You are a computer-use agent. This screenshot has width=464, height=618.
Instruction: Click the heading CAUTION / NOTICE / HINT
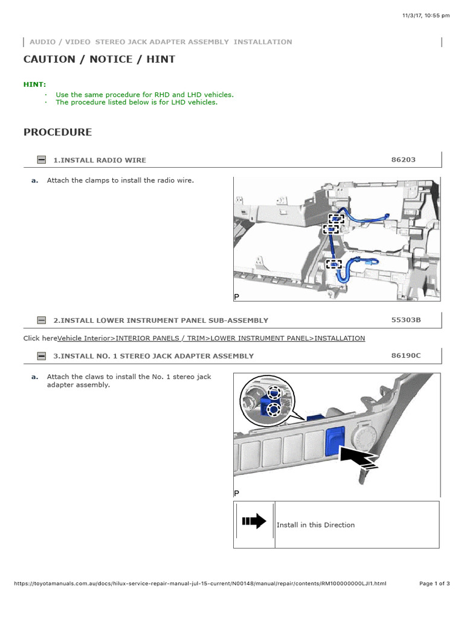click(99, 59)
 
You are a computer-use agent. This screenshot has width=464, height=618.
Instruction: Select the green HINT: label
click(34, 84)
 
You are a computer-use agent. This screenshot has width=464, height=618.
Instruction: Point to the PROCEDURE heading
click(58, 132)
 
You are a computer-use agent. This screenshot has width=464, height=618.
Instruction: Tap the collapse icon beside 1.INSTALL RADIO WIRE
click(41, 160)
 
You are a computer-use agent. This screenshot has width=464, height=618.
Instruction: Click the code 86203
click(404, 160)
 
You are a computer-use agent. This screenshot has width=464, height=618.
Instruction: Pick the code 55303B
click(406, 320)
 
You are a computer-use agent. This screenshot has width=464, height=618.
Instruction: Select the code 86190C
click(406, 355)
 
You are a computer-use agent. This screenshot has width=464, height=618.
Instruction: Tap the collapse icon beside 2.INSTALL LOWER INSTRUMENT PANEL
click(41, 320)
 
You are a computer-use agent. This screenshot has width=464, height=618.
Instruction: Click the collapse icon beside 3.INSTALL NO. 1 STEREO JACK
click(41, 356)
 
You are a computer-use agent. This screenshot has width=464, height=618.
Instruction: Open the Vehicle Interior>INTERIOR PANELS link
click(211, 339)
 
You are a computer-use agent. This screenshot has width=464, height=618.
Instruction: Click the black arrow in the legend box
click(254, 521)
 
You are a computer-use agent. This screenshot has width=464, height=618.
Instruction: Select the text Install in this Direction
click(315, 525)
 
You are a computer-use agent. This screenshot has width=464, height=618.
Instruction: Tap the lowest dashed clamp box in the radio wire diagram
click(333, 264)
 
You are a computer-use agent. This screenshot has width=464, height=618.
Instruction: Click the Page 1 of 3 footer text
click(434, 584)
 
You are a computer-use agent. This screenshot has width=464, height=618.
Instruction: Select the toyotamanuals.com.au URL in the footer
click(199, 584)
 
